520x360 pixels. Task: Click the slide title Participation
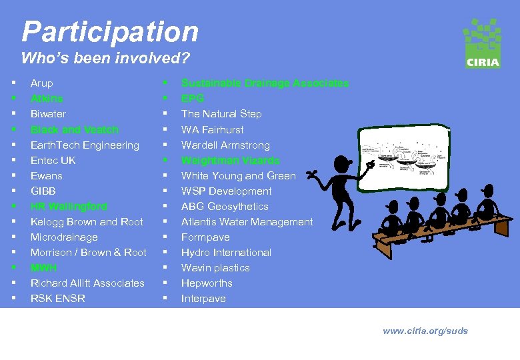point(110,31)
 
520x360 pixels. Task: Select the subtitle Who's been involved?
point(105,58)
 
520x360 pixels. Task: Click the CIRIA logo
point(482,43)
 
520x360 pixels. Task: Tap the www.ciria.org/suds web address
point(425,331)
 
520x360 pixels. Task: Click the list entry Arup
point(41,83)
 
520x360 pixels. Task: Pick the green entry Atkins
point(47,99)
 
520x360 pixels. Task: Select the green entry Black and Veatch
point(74,129)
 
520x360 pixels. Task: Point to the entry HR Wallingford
point(69,207)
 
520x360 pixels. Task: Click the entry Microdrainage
point(64,237)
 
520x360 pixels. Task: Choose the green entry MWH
point(43,268)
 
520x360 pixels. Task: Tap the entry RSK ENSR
point(58,299)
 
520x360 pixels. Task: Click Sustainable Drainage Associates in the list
point(265,83)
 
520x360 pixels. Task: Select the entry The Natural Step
point(221,114)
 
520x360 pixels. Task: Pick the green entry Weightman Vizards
point(230,161)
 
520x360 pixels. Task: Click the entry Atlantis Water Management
point(247,222)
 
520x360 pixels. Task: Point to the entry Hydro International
point(226,253)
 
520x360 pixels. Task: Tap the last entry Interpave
point(203,299)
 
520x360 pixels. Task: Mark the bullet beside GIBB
point(13,191)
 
